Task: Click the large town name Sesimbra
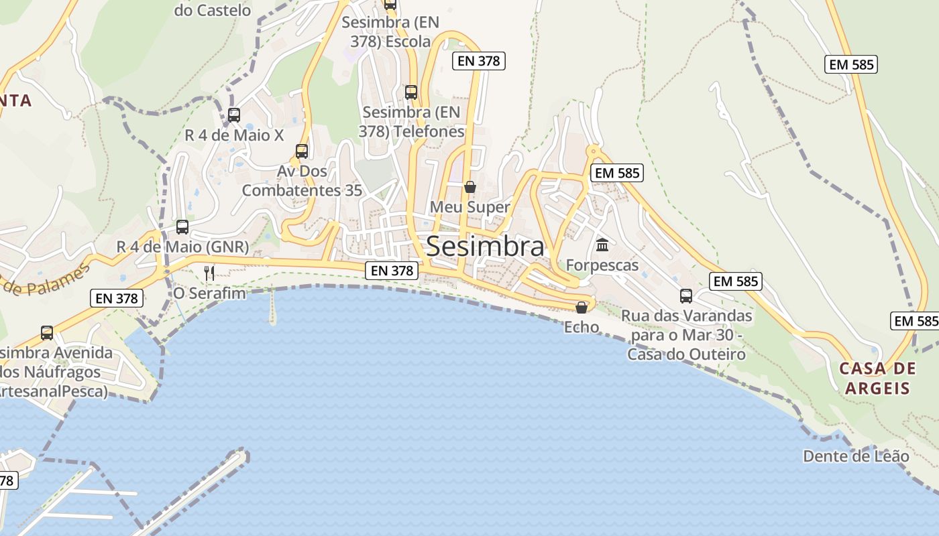click(x=485, y=247)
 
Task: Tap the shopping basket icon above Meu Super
click(x=470, y=187)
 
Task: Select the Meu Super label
click(x=470, y=207)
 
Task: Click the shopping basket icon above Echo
click(x=582, y=308)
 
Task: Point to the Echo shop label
click(x=582, y=327)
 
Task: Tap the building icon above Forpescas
click(x=602, y=245)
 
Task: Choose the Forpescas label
click(x=602, y=265)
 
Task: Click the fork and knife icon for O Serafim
click(x=209, y=273)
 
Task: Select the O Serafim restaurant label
click(x=209, y=293)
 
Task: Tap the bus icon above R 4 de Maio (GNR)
click(x=182, y=226)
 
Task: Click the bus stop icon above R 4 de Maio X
click(x=234, y=115)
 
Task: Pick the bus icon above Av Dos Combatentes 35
click(x=302, y=151)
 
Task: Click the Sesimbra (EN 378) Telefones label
click(x=411, y=121)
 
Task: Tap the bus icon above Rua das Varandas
click(x=686, y=295)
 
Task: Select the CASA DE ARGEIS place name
click(x=877, y=378)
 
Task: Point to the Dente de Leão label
click(x=856, y=456)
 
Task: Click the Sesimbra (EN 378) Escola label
click(x=390, y=31)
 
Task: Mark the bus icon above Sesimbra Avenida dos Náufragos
click(x=47, y=332)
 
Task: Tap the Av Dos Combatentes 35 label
click(x=302, y=180)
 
